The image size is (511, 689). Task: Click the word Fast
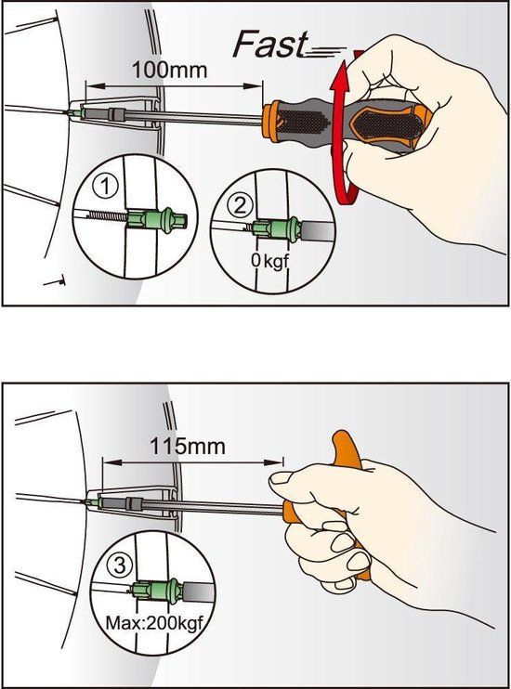tap(270, 44)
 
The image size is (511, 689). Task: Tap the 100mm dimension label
tap(170, 70)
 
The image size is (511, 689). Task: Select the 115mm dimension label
tap(188, 446)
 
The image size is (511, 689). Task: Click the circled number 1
tap(106, 187)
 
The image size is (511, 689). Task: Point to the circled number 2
tap(240, 205)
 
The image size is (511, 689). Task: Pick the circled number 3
tap(120, 565)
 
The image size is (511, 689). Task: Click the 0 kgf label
tap(269, 261)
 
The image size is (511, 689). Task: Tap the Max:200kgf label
tap(154, 623)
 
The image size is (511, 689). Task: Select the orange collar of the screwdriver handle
tap(272, 122)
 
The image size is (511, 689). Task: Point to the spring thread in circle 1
tap(108, 214)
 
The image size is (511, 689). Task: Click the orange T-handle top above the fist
tap(347, 449)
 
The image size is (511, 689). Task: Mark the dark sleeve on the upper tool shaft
tap(117, 115)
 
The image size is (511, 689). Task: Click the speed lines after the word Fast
tap(325, 52)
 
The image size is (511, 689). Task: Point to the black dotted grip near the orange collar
tap(303, 123)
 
